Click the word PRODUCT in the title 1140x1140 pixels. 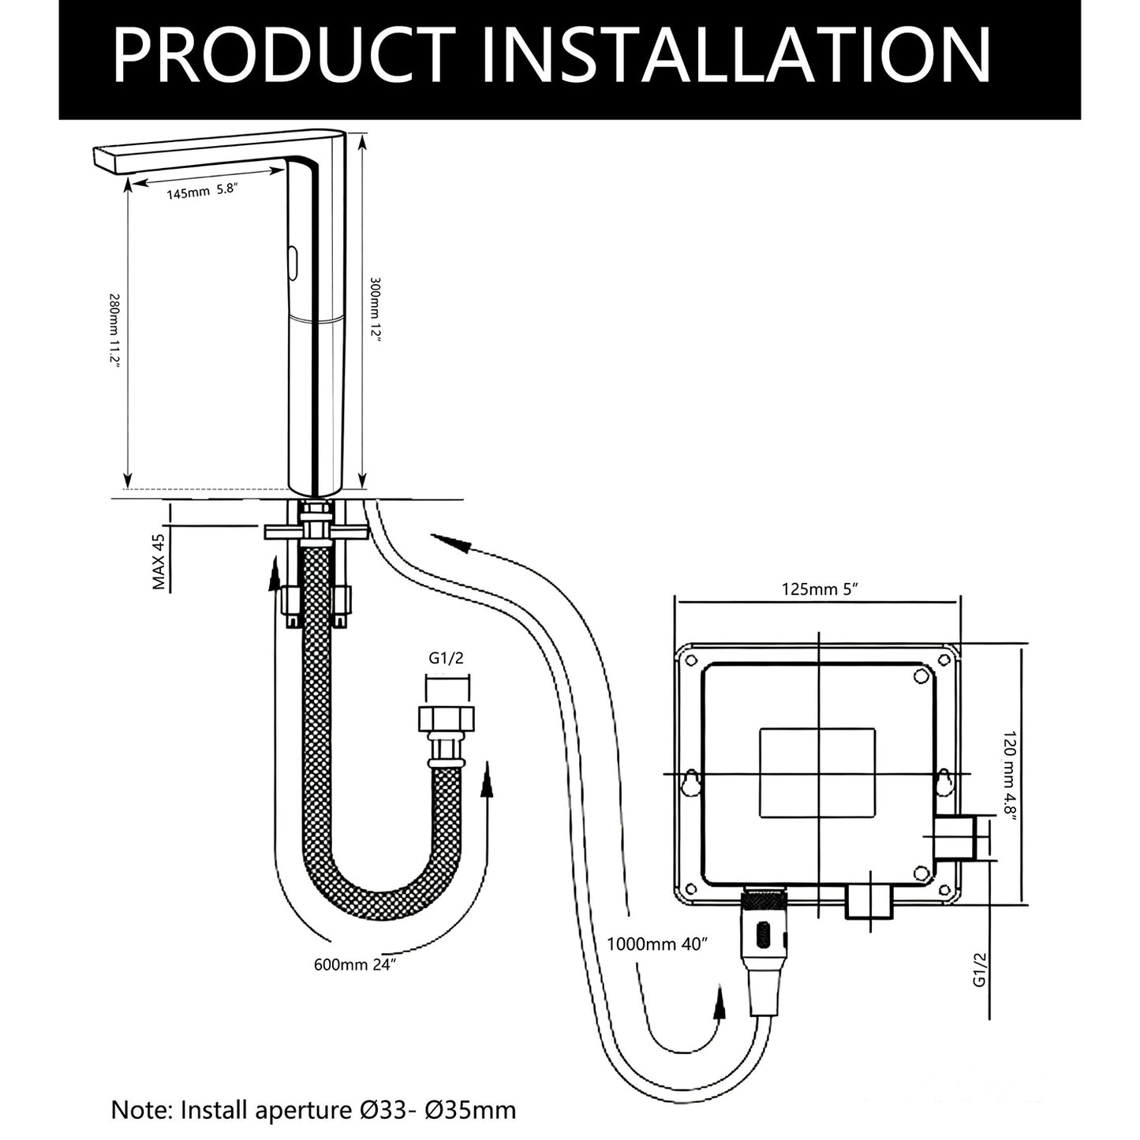(x=285, y=55)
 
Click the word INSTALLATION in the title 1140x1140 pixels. (x=737, y=55)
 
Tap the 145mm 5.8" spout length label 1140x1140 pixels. (x=202, y=191)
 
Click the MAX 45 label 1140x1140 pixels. (x=159, y=562)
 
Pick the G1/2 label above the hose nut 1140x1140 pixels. (x=446, y=659)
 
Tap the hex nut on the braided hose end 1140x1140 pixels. (x=447, y=720)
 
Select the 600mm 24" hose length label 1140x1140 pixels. (x=354, y=965)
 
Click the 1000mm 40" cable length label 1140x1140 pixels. (x=657, y=944)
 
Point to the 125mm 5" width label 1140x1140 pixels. (x=820, y=590)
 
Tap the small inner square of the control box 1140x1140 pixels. (x=817, y=773)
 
